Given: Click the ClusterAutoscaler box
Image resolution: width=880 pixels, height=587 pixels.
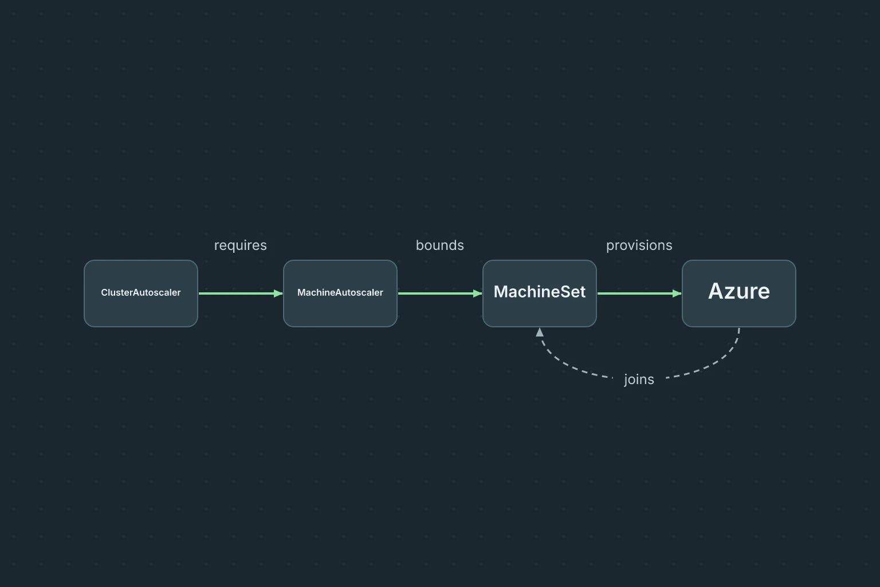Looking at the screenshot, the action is (140, 293).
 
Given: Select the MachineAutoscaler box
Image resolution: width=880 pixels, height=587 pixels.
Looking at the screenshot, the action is (340, 293).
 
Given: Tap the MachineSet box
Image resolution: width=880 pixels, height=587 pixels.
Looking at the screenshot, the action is (539, 293).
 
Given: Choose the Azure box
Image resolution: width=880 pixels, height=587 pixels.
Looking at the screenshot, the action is (739, 293).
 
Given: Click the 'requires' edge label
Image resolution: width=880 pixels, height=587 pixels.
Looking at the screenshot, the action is (241, 246).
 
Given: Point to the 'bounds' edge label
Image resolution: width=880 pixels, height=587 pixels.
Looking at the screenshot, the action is (440, 245).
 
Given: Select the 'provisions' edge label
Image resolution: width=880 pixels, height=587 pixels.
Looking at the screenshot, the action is (639, 246).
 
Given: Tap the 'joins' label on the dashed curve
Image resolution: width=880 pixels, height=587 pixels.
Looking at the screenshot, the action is (639, 380).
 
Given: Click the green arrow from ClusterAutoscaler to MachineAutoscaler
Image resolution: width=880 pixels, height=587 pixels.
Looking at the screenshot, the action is (241, 293).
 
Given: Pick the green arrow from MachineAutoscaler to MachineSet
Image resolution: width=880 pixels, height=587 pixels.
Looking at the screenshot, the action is (440, 293).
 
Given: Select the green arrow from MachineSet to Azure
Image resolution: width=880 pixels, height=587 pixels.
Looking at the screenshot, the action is (639, 293).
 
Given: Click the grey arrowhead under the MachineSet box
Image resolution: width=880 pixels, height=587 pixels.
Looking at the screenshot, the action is (540, 332).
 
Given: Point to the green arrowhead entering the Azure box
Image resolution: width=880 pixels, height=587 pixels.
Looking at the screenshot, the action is (677, 293).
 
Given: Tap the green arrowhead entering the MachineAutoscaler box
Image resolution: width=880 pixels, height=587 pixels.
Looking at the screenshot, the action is (278, 293).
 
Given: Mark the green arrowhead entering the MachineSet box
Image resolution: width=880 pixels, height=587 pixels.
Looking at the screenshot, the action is (478, 293).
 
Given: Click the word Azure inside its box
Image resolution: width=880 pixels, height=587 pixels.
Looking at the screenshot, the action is (739, 291).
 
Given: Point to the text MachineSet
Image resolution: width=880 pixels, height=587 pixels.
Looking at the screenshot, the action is (539, 292).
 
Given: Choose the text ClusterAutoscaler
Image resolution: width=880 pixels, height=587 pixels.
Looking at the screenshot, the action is (140, 292).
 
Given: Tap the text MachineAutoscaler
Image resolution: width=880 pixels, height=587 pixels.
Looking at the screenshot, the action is (340, 292).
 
